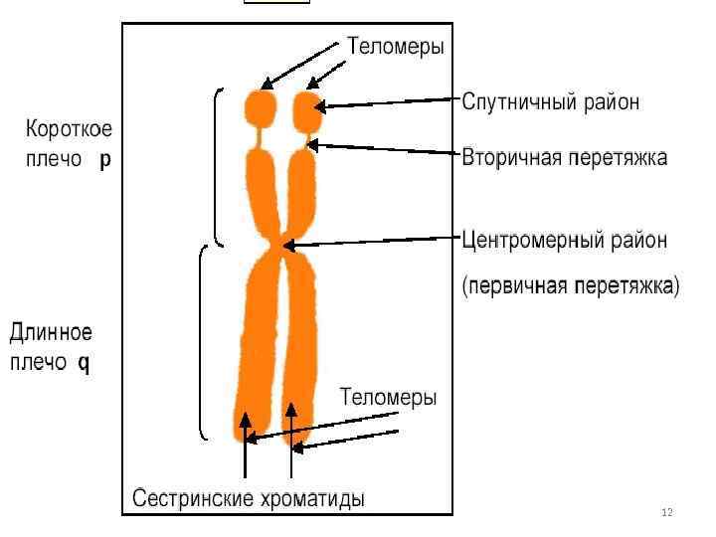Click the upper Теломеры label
pos(395,46)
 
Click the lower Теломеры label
pos(388,398)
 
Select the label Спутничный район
pos(550,102)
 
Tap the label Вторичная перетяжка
pos(564,158)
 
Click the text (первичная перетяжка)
pos(571,286)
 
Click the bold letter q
pos(84,363)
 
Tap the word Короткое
pos(69,129)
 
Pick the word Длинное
pos(51,330)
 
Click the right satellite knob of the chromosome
pos(309,111)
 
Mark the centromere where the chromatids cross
pos(284,245)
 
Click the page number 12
pos(666,512)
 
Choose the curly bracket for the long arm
pos(201,342)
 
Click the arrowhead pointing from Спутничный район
pos(321,105)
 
